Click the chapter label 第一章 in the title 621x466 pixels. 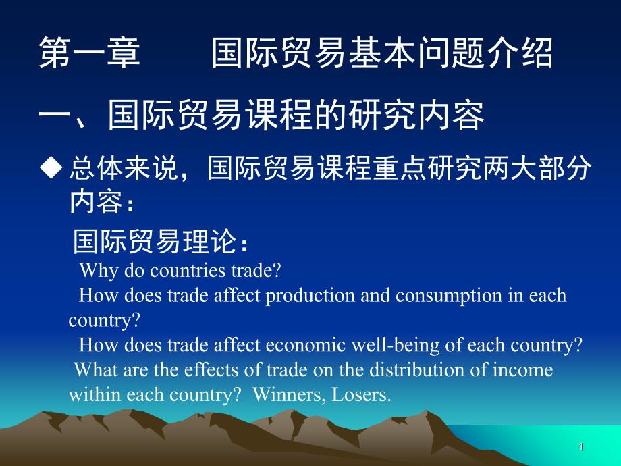[x=90, y=53]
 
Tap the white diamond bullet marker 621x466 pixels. [x=51, y=167]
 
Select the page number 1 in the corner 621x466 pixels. [x=581, y=447]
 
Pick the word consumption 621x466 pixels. [x=449, y=296]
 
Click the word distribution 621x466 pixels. [x=417, y=370]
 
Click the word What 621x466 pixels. [x=97, y=370]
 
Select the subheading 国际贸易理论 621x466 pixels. [x=155, y=241]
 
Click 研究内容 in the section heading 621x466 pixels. [x=416, y=115]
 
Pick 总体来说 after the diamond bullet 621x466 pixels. [x=123, y=168]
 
